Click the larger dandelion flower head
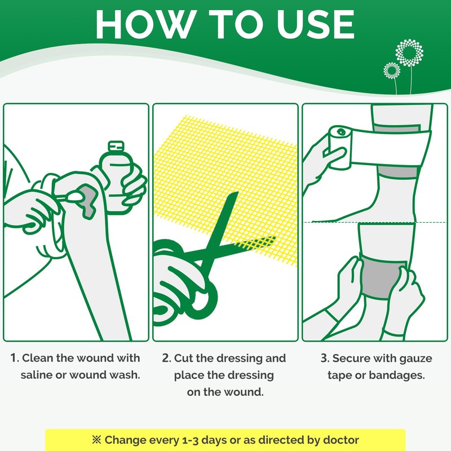click(409, 53)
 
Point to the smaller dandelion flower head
click(392, 70)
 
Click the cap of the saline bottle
click(116, 146)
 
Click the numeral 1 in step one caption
click(14, 358)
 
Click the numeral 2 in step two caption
click(166, 358)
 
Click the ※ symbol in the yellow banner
click(96, 440)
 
